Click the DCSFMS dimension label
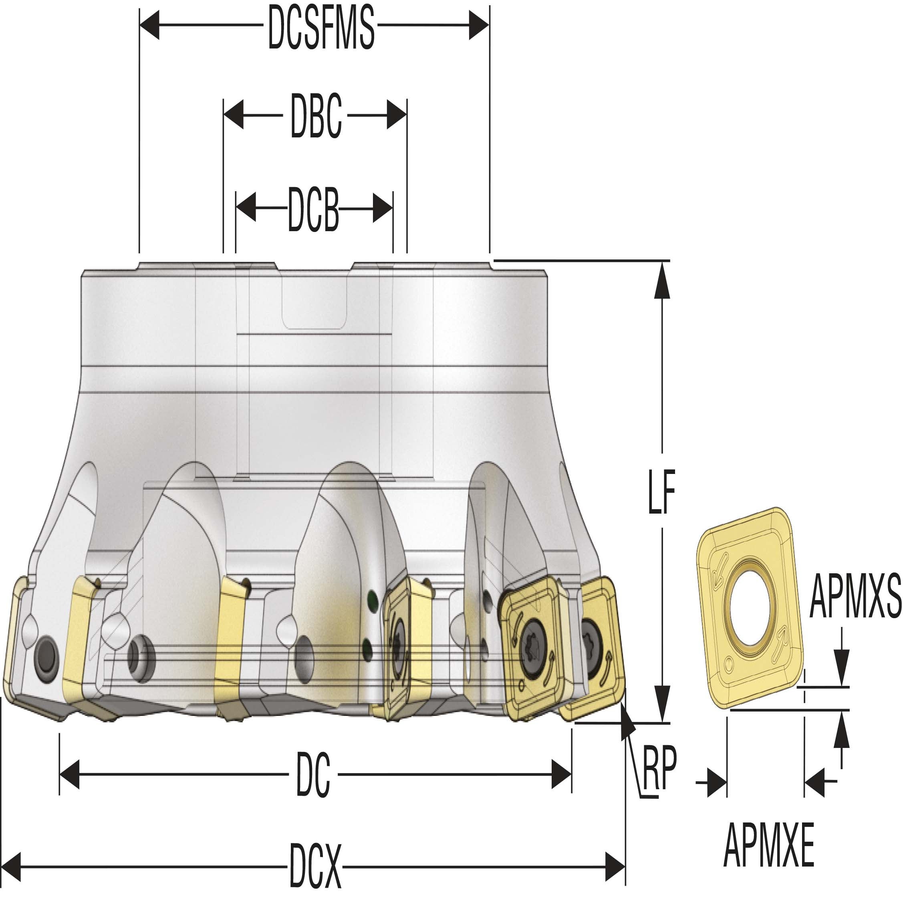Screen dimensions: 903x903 tap(321, 27)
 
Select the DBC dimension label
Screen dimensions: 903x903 tap(316, 115)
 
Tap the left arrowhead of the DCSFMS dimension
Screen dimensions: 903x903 tap(149, 24)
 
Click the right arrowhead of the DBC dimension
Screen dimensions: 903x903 tap(397, 115)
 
